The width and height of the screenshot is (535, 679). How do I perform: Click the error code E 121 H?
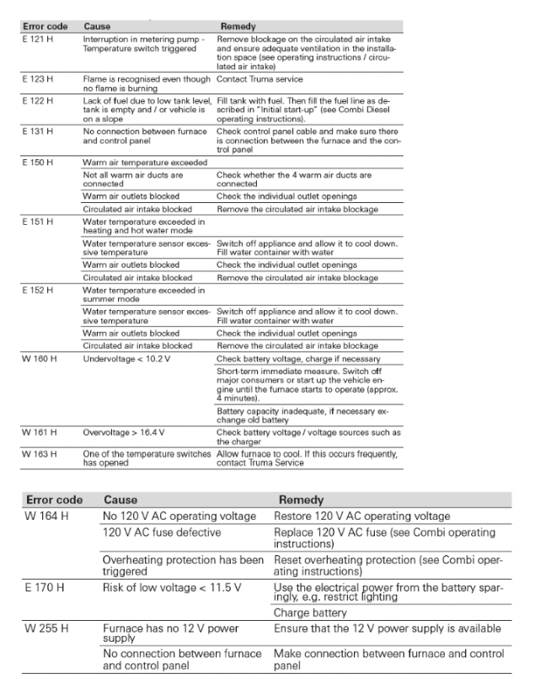coord(39,39)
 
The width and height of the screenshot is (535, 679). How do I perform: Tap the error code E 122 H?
coord(39,100)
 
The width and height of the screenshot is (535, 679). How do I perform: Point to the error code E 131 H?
coord(39,131)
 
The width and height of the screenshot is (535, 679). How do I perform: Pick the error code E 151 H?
coord(39,221)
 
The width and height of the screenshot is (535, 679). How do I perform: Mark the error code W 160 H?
coord(39,359)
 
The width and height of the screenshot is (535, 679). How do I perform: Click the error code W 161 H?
coord(39,432)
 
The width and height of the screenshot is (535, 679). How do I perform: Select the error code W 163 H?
coord(39,453)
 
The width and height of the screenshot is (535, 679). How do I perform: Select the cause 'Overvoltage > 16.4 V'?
coord(123,432)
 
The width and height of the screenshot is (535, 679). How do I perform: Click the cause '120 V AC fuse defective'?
coord(160,532)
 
